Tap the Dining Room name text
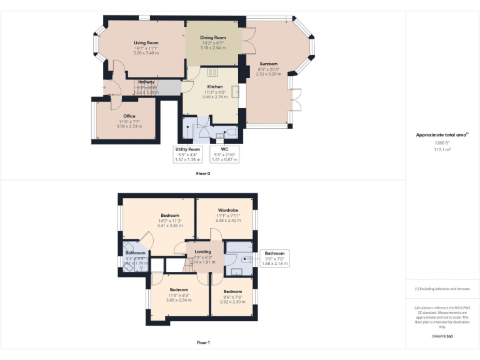pos(212,37)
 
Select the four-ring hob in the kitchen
pos(212,72)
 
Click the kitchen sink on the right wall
pos(235,92)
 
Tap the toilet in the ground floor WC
pos(232,132)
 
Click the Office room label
pos(129,116)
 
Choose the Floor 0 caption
pos(203,174)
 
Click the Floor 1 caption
pos(203,342)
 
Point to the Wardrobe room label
pos(226,210)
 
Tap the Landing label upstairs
pos(202,252)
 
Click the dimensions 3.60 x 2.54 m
pos(179,301)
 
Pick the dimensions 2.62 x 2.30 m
pos(232,302)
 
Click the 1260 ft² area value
pos(442,143)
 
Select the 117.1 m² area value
pos(442,149)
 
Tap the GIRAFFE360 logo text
pos(442,337)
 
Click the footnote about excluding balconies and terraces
pos(442,289)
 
